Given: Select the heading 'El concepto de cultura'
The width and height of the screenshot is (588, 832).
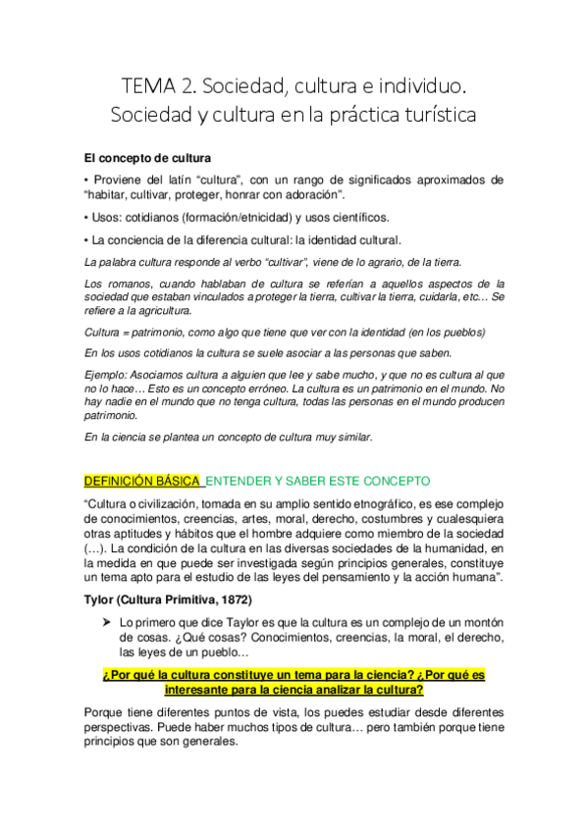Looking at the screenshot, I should (x=147, y=158).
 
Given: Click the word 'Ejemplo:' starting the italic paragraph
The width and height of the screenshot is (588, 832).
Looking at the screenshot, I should (x=108, y=375).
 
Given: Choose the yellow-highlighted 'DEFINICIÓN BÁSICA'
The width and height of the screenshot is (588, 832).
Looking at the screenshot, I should (x=141, y=481).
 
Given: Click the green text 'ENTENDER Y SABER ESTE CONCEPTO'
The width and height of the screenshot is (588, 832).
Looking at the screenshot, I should (x=318, y=481).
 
